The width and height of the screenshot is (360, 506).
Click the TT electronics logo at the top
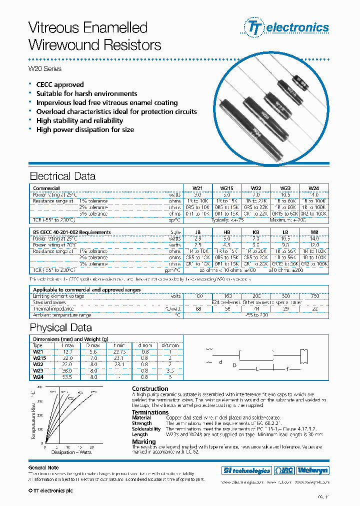(x=286, y=27)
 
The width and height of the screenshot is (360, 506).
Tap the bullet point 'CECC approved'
(x=60, y=84)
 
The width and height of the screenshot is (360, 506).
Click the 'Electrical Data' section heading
(x=62, y=176)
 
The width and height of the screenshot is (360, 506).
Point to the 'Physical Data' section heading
(x=60, y=327)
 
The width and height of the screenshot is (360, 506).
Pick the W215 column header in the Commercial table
(x=226, y=188)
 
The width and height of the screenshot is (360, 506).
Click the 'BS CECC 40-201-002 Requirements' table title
(x=72, y=232)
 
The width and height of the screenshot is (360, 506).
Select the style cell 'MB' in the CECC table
(x=313, y=232)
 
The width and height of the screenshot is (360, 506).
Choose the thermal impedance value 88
(x=199, y=309)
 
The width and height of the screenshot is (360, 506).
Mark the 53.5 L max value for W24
(x=67, y=377)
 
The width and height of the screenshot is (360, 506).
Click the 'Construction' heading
(x=150, y=388)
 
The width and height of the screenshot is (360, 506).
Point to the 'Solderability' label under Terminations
(x=146, y=429)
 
